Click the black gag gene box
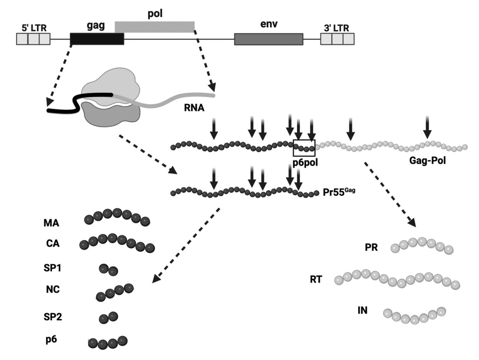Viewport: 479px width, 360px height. [97, 39]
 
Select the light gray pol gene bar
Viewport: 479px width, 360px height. [155, 27]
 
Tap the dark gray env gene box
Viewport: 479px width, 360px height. [268, 39]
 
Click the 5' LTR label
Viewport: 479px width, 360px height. [34, 28]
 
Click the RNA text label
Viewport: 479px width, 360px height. [194, 108]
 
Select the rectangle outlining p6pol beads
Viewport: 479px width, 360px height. [304, 148]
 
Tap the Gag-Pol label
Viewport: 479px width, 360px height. [427, 161]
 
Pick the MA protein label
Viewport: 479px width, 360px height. [51, 223]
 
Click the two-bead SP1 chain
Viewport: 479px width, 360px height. [108, 270]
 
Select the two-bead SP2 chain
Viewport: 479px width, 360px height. [108, 317]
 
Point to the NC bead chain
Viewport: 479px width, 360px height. [114, 292]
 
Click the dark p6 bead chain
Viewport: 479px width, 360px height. [108, 343]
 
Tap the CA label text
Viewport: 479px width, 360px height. [52, 243]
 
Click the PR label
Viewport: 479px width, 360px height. [371, 247]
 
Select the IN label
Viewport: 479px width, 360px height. [362, 310]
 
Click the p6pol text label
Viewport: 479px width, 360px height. [305, 163]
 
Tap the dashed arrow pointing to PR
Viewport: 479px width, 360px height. [390, 194]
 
